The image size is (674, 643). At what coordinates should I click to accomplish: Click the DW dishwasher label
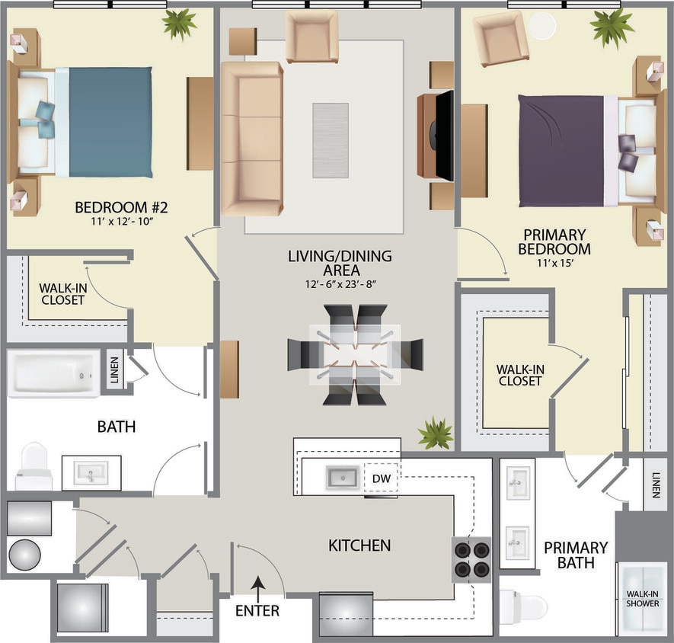point(381,478)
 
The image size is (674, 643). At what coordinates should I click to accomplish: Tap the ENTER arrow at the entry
point(257,585)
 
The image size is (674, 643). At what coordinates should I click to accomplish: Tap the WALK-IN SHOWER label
point(641,598)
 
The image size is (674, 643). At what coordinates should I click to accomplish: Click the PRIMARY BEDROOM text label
point(554,242)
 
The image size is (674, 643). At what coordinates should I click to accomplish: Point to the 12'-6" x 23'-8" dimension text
point(339,284)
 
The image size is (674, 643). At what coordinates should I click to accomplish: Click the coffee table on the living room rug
point(331,140)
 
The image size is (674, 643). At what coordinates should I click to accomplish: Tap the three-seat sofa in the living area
point(252,139)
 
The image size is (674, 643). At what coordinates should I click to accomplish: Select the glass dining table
point(355,354)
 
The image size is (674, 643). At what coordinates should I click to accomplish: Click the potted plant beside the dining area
point(435,433)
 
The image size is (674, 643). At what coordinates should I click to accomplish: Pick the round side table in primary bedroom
point(542,26)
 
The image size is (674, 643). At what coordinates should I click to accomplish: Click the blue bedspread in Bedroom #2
point(110,122)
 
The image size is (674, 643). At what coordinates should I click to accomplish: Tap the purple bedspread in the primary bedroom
point(561,150)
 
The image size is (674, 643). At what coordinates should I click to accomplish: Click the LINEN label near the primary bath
point(656,484)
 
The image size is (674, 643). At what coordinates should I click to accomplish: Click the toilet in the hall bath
point(33,466)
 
